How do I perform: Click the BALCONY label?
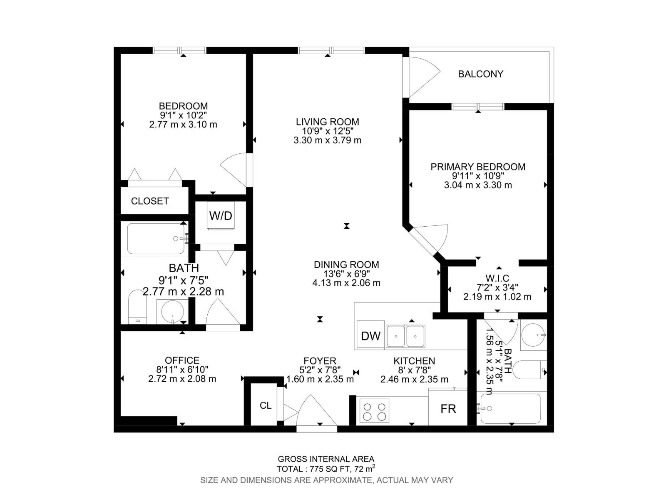(480, 74)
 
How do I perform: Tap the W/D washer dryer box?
(221, 215)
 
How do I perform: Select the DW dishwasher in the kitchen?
(370, 336)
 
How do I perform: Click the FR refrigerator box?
(448, 408)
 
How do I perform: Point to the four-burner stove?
(374, 411)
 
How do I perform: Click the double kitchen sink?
(405, 336)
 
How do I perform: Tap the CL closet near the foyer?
(266, 405)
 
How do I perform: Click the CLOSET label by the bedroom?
(150, 201)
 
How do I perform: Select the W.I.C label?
(497, 278)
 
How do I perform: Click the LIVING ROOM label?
(327, 122)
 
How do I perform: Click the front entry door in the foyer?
(316, 412)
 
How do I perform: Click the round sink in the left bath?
(172, 312)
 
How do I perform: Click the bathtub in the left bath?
(156, 239)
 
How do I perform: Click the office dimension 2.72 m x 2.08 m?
(182, 379)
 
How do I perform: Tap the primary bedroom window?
(478, 107)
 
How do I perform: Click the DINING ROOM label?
(346, 265)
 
